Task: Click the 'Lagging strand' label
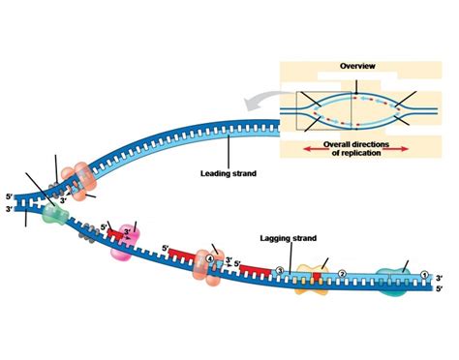pos(292,237)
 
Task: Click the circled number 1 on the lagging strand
pos(423,273)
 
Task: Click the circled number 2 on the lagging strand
pos(341,274)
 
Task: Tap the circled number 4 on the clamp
pos(209,256)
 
